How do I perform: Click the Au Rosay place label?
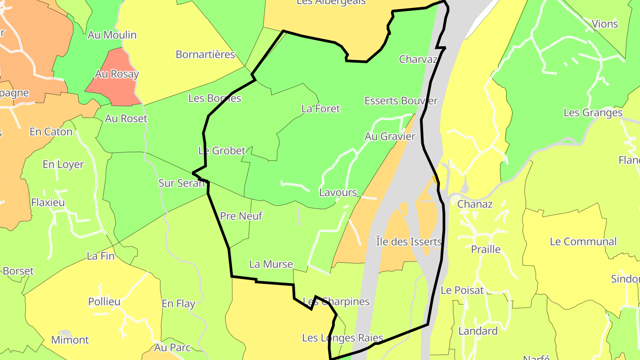tap(117, 74)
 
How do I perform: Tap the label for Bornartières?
tap(205, 54)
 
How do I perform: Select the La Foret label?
tap(320, 108)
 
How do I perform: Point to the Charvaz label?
tap(418, 59)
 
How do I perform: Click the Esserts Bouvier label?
tap(401, 101)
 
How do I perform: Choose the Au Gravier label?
tap(390, 136)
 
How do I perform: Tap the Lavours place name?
tap(338, 192)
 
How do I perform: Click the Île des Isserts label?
tap(408, 242)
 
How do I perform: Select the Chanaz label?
tap(475, 204)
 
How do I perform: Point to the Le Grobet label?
tap(222, 151)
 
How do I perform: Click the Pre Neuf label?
tap(241, 216)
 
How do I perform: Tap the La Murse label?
tap(271, 264)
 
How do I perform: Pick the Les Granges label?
tap(593, 112)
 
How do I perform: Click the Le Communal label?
tap(583, 242)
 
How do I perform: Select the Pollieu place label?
tap(104, 302)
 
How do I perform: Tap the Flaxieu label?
tap(48, 203)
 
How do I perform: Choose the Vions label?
tap(605, 24)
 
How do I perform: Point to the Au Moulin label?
tap(112, 35)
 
